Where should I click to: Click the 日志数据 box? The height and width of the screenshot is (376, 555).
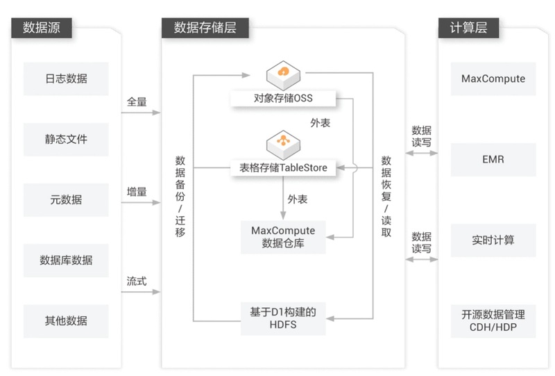pos(66,79)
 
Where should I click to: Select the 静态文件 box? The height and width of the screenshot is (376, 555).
pos(66,139)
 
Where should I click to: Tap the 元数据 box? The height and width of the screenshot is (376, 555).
pos(66,199)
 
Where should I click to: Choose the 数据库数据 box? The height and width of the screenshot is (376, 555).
pos(66,260)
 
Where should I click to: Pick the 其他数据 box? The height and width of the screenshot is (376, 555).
pos(66,320)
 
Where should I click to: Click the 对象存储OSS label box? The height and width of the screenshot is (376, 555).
pos(283,98)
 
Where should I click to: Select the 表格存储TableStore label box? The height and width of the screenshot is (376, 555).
pos(283,167)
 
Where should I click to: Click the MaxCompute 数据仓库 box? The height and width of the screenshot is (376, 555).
pos(283,237)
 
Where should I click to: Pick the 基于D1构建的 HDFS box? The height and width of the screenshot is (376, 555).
pos(283,318)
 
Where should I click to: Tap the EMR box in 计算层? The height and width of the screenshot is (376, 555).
pos(493,159)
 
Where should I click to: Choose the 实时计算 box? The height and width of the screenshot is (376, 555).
pos(493,240)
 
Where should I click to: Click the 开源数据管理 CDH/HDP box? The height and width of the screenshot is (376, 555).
pos(493,320)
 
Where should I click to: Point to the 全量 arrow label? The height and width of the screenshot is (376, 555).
pos(137,101)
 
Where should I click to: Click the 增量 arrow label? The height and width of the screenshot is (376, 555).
pos(137,192)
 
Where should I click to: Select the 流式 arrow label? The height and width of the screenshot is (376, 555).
pos(137,282)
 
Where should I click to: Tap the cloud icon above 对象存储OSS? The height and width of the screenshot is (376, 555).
pos(283,72)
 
